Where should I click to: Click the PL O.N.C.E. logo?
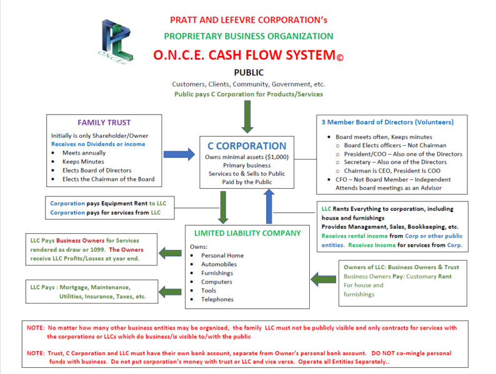(116, 42)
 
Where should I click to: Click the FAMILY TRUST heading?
(104, 122)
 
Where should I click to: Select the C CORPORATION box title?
(247, 146)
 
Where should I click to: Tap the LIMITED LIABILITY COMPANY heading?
(247, 233)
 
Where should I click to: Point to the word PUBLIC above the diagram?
(249, 72)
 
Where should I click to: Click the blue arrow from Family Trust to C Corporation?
(179, 155)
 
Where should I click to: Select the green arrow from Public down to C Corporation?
(247, 117)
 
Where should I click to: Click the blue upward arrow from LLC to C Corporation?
(269, 206)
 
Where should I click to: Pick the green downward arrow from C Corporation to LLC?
(223, 208)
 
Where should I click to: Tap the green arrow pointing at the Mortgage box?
(170, 292)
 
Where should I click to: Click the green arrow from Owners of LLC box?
(324, 279)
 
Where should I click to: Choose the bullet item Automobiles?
(219, 264)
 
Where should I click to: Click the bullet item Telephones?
(217, 299)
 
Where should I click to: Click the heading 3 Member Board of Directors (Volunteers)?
(387, 122)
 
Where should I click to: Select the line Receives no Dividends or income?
(98, 144)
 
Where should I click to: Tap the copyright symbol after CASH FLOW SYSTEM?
(340, 57)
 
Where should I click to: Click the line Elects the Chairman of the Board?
(109, 179)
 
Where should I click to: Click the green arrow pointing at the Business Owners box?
(170, 253)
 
